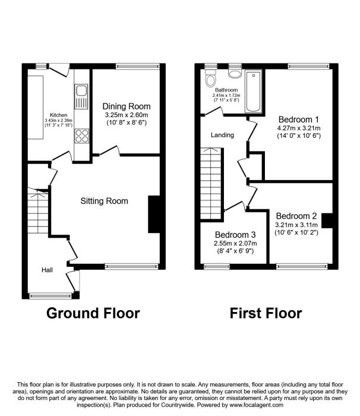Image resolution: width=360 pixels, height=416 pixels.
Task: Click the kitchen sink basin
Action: click(81, 91)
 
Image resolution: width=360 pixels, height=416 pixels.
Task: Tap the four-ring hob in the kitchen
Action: click(82, 136)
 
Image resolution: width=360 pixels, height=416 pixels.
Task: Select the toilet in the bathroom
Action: click(211, 78)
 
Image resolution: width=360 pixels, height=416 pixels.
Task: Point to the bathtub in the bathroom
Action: click(253, 91)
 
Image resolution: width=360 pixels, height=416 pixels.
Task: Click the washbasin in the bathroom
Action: click(235, 74)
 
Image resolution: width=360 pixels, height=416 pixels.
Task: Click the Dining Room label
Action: click(127, 106)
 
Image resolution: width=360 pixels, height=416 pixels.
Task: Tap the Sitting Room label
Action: click(105, 201)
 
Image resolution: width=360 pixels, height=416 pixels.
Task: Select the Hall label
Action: click(47, 270)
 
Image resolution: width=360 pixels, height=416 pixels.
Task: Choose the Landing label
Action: click(222, 135)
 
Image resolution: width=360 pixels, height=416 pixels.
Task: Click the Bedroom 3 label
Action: click(235, 235)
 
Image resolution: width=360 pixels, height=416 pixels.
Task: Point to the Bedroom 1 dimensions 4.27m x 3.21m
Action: click(299, 128)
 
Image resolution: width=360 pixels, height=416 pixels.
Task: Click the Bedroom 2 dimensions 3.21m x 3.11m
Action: click(296, 225)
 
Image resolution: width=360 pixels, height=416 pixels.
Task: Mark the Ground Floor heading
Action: click(93, 313)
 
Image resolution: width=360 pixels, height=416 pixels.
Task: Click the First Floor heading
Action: click(266, 313)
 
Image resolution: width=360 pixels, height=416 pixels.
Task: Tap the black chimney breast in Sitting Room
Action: click(154, 215)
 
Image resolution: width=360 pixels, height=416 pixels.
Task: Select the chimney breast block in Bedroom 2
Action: click(327, 220)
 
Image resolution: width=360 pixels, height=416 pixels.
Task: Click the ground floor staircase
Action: click(38, 210)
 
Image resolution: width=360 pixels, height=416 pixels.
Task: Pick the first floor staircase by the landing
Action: click(211, 184)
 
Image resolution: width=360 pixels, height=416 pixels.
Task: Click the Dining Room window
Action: click(138, 67)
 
